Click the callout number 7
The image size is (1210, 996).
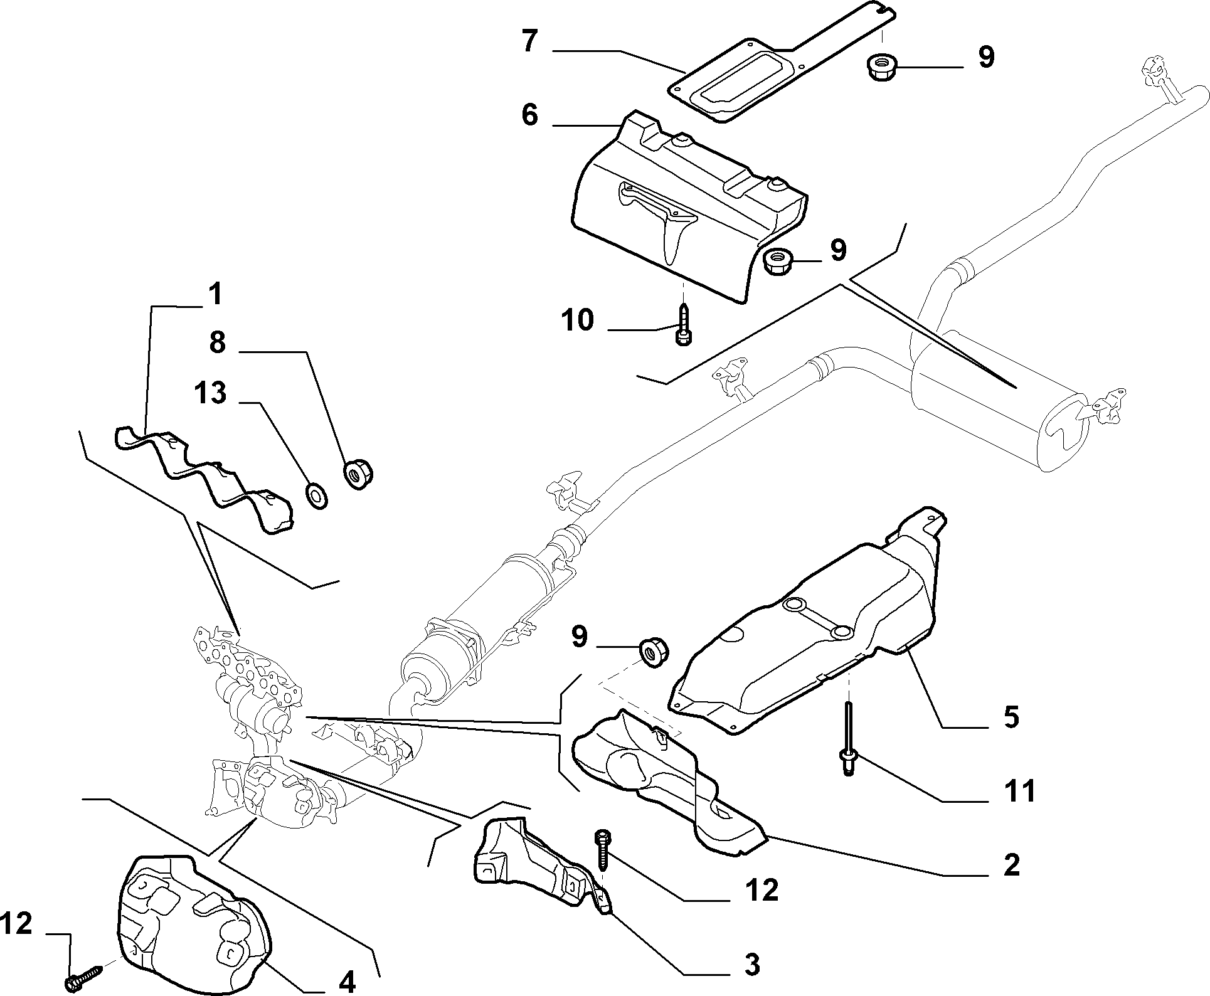tap(529, 41)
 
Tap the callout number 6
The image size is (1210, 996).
tap(529, 115)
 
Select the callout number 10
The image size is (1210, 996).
tap(578, 321)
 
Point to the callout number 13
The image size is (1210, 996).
tap(210, 395)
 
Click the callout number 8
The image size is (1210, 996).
tap(218, 344)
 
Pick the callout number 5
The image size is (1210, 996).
tap(1011, 717)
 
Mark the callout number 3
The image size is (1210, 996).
tap(752, 964)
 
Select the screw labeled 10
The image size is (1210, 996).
tap(683, 324)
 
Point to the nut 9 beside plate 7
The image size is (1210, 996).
tap(881, 65)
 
